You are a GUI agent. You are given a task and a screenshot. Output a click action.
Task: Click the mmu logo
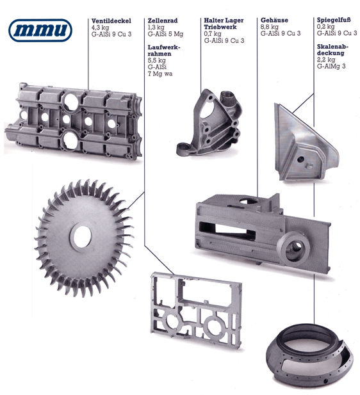pyautogui.click(x=40, y=30)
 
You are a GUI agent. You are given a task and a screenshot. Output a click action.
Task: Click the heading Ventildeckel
pyautogui.click(x=111, y=20)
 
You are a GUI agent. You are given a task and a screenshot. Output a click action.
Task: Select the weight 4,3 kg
pyautogui.click(x=100, y=28)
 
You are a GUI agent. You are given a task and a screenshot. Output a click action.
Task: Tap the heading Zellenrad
pyautogui.click(x=163, y=20)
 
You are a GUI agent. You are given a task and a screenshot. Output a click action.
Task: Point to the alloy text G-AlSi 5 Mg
pyautogui.click(x=165, y=34)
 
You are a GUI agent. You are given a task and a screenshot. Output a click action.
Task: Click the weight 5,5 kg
pyautogui.click(x=156, y=60)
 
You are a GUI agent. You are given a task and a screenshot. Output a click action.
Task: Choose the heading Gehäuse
pyautogui.click(x=274, y=20)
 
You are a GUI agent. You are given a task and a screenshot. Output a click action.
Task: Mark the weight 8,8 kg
pyautogui.click(x=270, y=27)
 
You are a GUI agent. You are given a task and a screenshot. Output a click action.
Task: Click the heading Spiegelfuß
pyautogui.click(x=334, y=20)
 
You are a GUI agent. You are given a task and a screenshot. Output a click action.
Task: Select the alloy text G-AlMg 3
pyautogui.click(x=331, y=66)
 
